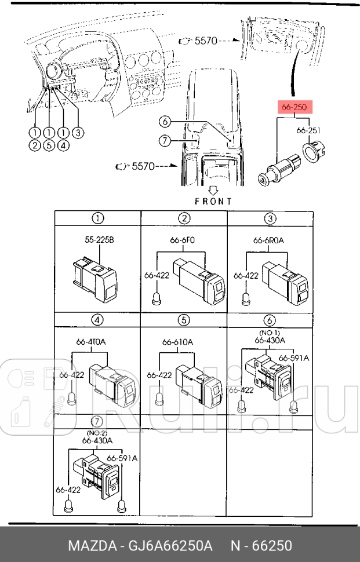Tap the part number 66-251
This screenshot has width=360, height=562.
pos(308,130)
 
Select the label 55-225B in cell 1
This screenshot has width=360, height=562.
pos(99,239)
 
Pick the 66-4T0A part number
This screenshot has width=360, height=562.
pos(92,342)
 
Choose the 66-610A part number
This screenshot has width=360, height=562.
pos(177,342)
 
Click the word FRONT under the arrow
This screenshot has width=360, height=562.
pos(213,201)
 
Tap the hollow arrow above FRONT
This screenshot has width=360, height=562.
pos(213,189)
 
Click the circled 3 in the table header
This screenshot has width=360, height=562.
pos(270,218)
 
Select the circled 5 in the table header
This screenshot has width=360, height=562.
pos(184,320)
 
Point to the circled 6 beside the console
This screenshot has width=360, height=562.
pos(165,122)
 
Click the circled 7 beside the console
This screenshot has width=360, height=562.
pos(165,140)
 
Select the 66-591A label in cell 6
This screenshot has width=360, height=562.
pos(293,358)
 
